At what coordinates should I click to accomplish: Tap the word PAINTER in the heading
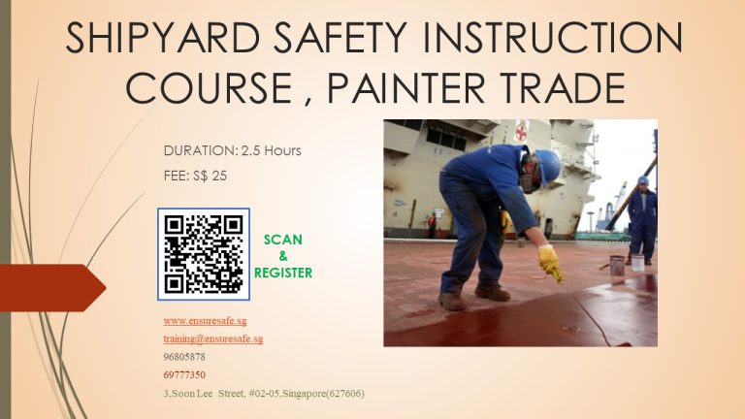406,88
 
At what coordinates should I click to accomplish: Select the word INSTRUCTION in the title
553,38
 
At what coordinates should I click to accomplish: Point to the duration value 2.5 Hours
272,150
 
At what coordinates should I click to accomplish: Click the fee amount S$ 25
210,176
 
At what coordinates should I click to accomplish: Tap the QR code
204,254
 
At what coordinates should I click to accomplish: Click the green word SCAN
282,240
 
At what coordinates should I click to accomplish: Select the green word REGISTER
283,273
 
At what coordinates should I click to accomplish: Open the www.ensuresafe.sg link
206,321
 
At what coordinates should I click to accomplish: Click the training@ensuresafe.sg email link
213,338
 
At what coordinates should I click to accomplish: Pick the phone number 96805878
184,357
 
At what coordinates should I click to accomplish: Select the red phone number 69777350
184,374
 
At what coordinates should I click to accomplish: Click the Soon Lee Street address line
264,394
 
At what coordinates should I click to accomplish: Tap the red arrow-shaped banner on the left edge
52,288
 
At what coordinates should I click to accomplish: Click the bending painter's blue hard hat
549,166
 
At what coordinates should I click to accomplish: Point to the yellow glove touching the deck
550,263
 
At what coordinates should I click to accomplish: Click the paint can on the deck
617,265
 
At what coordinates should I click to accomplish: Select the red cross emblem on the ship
522,130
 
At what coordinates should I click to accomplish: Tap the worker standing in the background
642,220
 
